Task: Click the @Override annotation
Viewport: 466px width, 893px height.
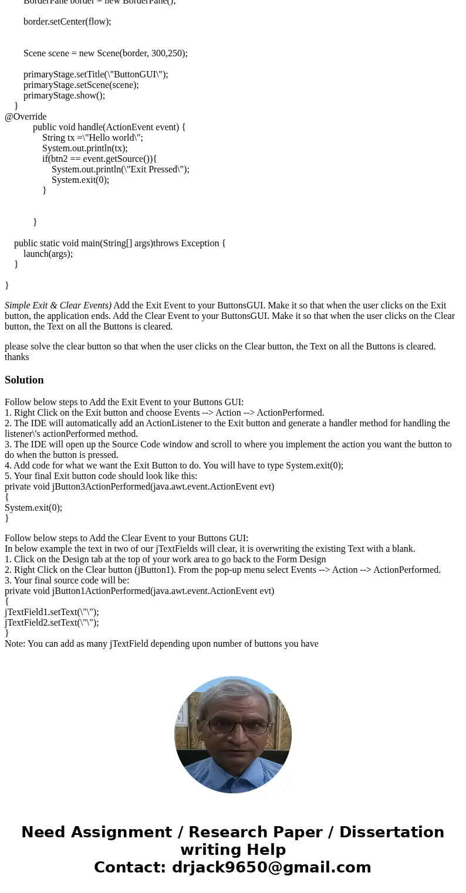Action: pyautogui.click(x=26, y=117)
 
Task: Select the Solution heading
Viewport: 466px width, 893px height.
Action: pyautogui.click(x=24, y=380)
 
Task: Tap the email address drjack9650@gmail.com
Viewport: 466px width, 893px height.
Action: pyautogui.click(x=271, y=867)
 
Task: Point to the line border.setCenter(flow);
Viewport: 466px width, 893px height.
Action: pyautogui.click(x=67, y=22)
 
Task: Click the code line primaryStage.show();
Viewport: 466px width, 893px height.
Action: pyautogui.click(x=64, y=96)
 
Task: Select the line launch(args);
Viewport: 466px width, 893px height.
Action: pyautogui.click(x=48, y=254)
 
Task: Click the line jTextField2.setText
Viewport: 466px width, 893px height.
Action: pyautogui.click(x=52, y=623)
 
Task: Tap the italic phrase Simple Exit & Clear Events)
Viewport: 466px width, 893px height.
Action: pyautogui.click(x=58, y=305)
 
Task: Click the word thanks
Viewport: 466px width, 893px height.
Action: pyautogui.click(x=17, y=357)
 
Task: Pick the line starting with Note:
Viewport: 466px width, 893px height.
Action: pyautogui.click(x=161, y=644)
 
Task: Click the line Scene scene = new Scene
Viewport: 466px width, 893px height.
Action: pyautogui.click(x=106, y=53)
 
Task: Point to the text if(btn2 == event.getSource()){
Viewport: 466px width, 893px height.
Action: pyautogui.click(x=99, y=159)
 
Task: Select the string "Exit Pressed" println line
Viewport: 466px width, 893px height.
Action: pyautogui.click(x=120, y=169)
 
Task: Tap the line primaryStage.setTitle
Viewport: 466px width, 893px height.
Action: pyautogui.click(x=96, y=74)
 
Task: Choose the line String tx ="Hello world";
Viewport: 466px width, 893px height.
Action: pyautogui.click(x=93, y=138)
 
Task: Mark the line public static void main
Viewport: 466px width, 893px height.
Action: pyautogui.click(x=120, y=243)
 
